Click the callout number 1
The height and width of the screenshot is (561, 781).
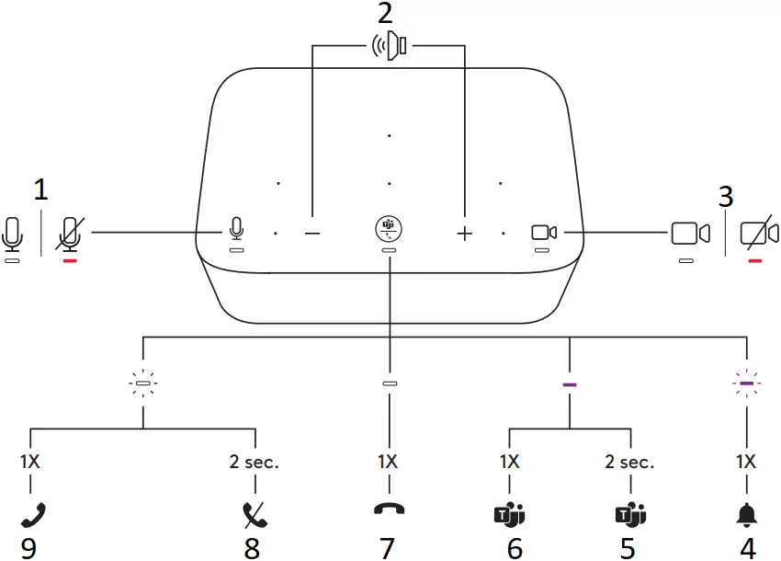[x=40, y=190]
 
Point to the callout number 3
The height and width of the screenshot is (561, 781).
[x=726, y=196]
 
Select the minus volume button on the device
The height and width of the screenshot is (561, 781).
[x=312, y=234]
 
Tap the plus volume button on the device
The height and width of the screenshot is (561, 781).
[x=464, y=234]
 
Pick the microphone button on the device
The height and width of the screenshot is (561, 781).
[x=236, y=227]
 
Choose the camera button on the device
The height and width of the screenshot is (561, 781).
[x=544, y=233]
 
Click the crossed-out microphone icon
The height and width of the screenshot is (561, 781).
[x=70, y=233]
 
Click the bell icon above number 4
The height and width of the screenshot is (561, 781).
[x=747, y=514]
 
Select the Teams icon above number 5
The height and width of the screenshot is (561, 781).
[x=628, y=514]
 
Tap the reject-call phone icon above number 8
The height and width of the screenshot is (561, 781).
[x=252, y=514]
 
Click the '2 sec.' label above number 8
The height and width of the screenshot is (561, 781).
[x=254, y=463]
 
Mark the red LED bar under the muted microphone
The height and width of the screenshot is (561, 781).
[x=70, y=260]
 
